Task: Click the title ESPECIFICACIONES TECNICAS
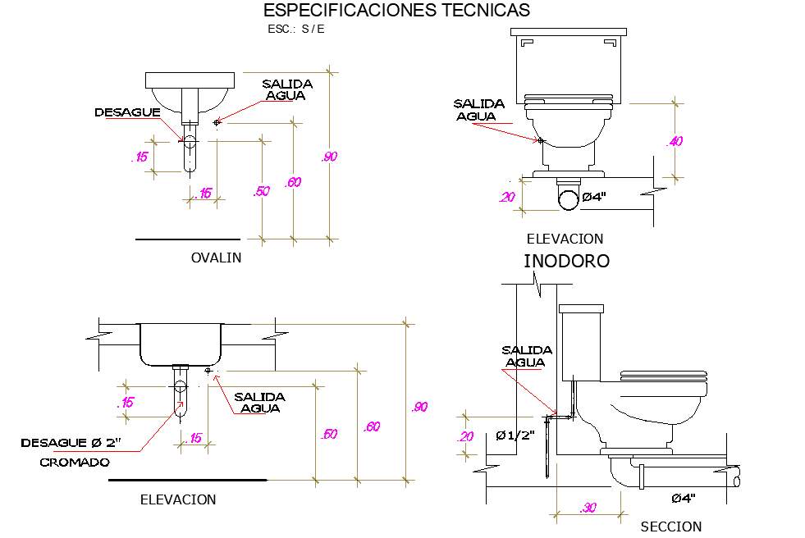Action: click(396, 11)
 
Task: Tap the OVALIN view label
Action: click(216, 258)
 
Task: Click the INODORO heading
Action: click(566, 262)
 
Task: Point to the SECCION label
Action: click(670, 527)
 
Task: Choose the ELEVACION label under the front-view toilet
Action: click(565, 239)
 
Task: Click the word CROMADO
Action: click(75, 463)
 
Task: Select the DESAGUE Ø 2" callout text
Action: click(71, 443)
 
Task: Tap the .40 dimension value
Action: click(675, 141)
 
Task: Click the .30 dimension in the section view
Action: click(588, 508)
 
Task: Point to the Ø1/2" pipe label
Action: click(515, 435)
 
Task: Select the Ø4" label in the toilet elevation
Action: click(593, 197)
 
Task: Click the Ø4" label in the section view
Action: click(684, 498)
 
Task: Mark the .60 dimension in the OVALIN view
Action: click(292, 182)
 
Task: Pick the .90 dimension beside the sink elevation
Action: click(419, 407)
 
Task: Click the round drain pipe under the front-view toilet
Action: click(567, 198)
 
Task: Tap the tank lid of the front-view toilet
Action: click(569, 33)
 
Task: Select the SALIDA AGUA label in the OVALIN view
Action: click(286, 89)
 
